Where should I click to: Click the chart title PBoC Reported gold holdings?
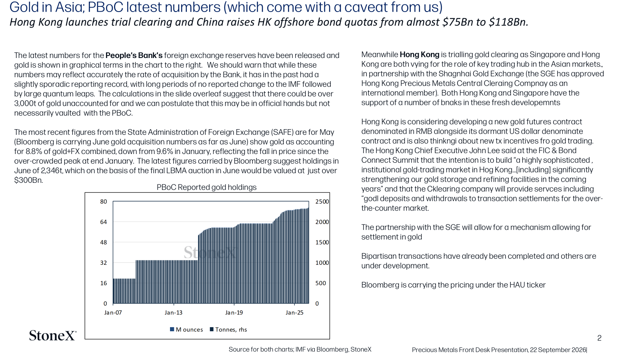pos(206,188)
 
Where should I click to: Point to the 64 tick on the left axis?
pos(104,222)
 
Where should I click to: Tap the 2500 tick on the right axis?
pos(322,202)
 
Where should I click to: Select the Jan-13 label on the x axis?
pos(174,312)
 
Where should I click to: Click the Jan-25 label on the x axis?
pos(294,312)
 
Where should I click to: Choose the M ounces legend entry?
pos(186,330)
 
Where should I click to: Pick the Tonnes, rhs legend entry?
pos(228,330)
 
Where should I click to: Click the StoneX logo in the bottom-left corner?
pos(52,336)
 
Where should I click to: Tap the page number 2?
pos(600,338)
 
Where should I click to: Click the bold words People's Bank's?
pos(134,56)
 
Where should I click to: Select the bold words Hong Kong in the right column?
pos(420,54)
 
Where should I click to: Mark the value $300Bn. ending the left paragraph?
pos(28,180)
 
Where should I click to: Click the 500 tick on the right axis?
pos(320,283)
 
